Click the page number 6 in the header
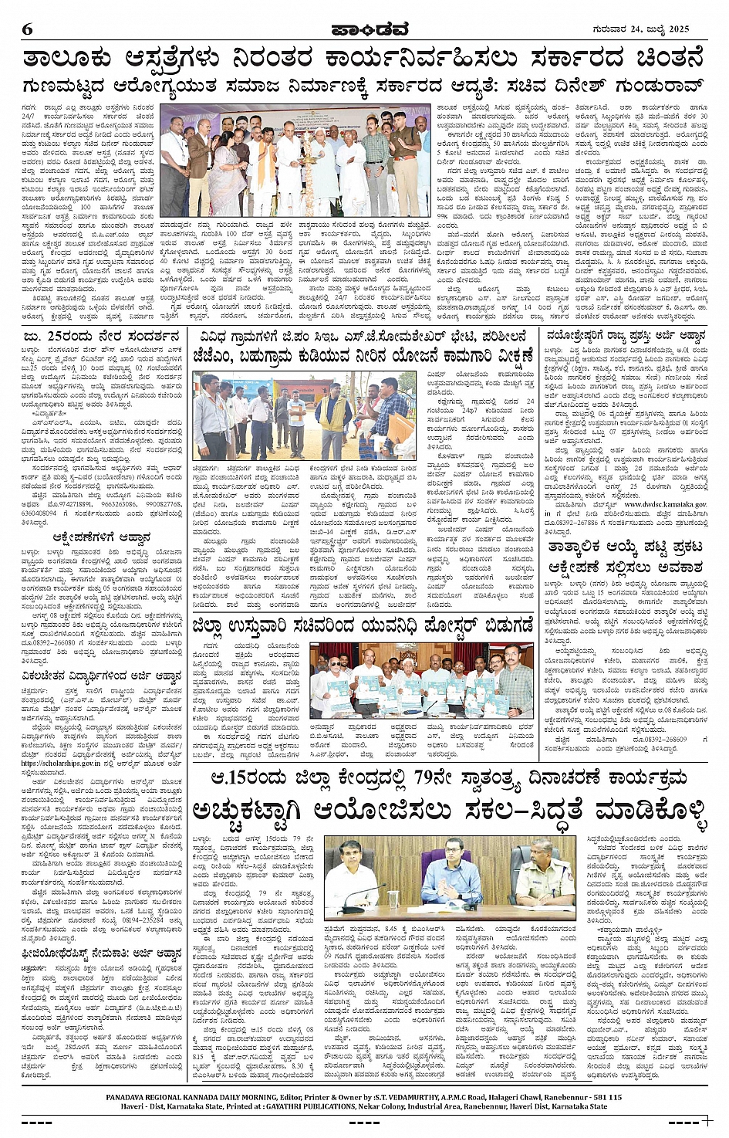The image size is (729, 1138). (x=27, y=29)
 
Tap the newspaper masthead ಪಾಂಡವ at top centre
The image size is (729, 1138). (x=364, y=29)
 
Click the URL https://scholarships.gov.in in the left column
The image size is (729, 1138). (x=59, y=763)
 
